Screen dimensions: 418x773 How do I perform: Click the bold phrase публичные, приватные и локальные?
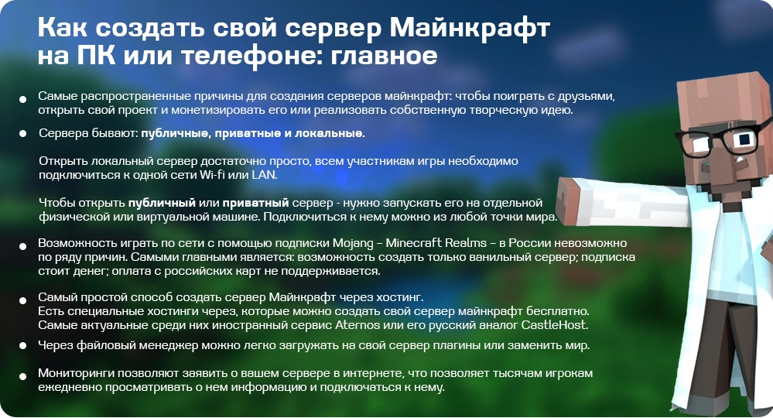pos(252,134)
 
